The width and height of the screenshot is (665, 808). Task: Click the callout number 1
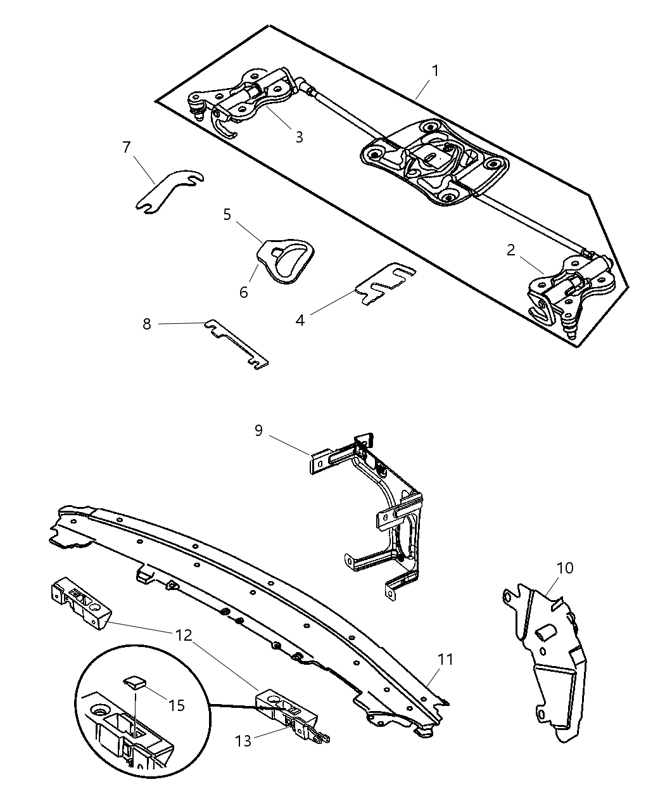click(x=435, y=70)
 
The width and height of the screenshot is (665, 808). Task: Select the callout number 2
click(x=511, y=250)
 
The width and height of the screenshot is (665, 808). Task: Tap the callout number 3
click(x=299, y=137)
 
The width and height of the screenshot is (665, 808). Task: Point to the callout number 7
click(x=126, y=148)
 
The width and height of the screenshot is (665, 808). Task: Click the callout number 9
click(x=258, y=431)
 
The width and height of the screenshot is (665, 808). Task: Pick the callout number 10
click(x=564, y=568)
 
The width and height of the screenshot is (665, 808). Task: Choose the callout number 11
click(x=446, y=660)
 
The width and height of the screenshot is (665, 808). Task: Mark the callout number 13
click(x=243, y=740)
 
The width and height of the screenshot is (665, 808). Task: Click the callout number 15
click(x=177, y=705)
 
